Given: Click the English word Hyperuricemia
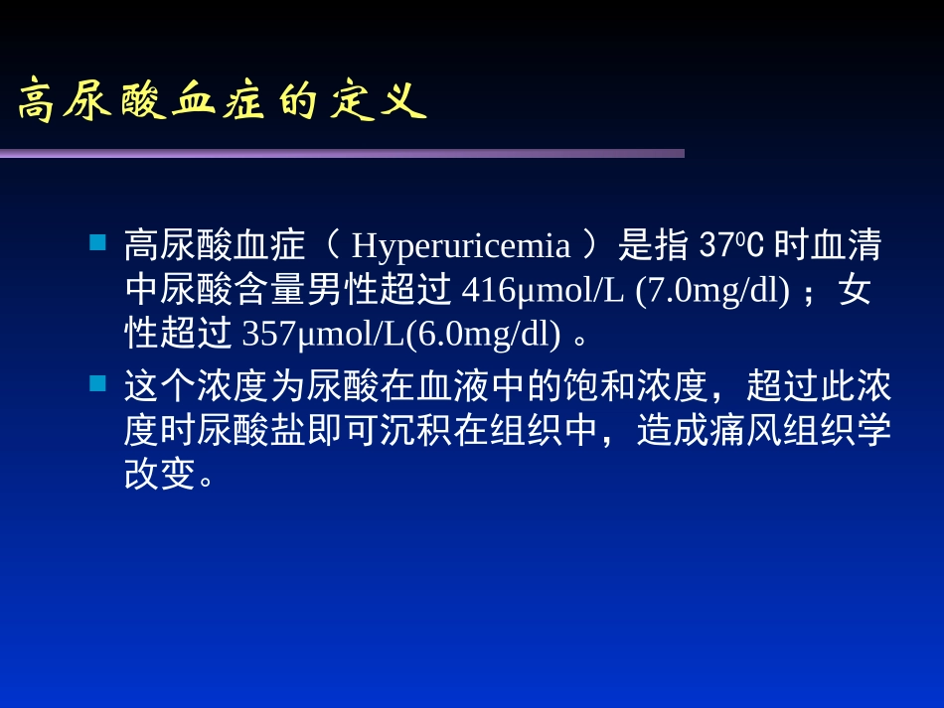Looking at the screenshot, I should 461,245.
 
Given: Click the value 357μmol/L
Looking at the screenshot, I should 323,335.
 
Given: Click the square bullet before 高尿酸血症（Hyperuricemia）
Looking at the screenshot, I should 98,242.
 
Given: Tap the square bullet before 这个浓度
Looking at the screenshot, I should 98,382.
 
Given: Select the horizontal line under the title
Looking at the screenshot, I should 342,153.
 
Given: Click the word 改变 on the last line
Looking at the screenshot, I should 160,476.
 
